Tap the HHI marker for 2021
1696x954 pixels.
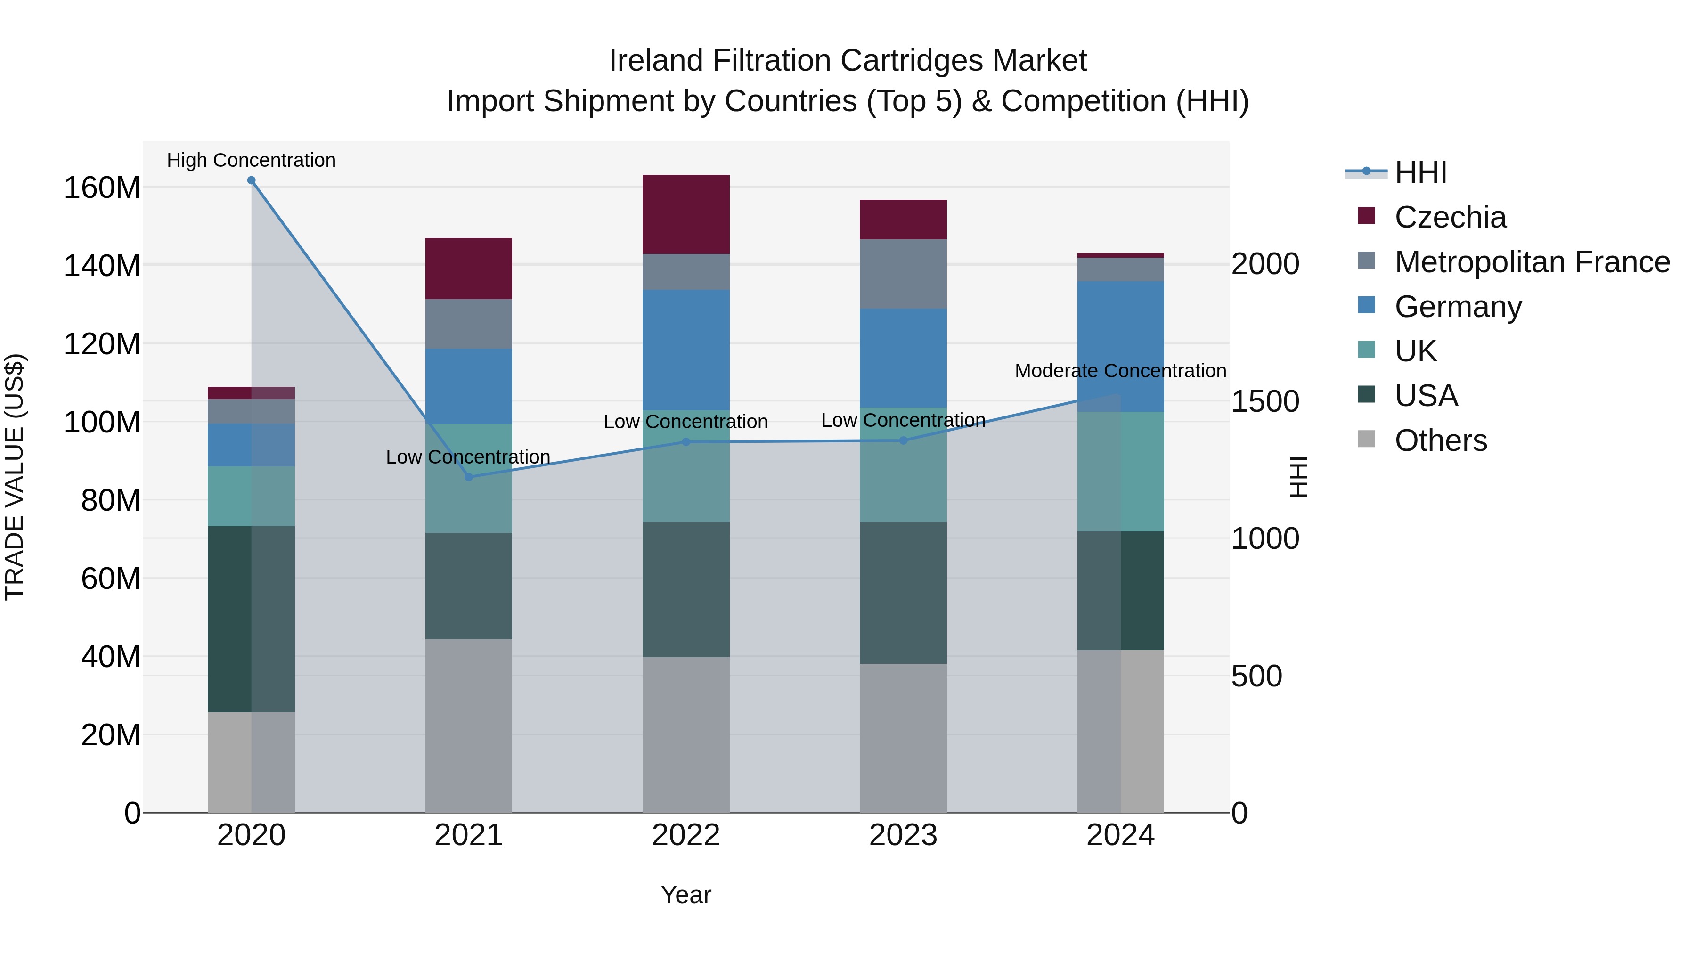coord(469,477)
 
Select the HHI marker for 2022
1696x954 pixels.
coord(686,442)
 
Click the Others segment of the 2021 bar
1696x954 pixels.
coord(469,726)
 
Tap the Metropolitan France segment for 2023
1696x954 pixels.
coord(903,274)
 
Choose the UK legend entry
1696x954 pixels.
coord(1416,351)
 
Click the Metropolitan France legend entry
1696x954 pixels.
coord(1532,262)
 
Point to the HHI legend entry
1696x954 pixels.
coord(1421,172)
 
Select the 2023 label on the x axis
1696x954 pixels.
coord(903,835)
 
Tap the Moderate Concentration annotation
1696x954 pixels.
coord(1121,371)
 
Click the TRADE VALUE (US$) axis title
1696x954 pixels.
coord(15,477)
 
